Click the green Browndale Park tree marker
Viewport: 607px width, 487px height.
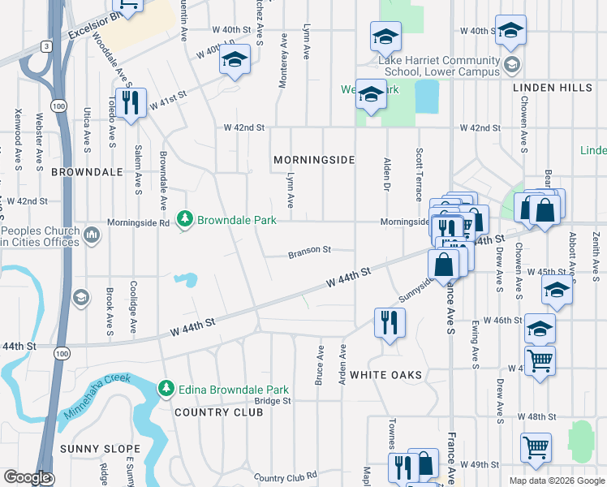(x=185, y=219)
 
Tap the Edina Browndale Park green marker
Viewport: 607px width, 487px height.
(x=166, y=389)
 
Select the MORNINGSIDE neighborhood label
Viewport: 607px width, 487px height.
(x=314, y=160)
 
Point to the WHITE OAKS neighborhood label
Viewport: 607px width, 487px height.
(x=386, y=375)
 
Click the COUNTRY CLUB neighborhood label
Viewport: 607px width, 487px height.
(x=218, y=412)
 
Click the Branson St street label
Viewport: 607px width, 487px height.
(x=310, y=253)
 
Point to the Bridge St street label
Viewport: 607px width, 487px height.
(x=273, y=401)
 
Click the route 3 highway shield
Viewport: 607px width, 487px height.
(x=48, y=46)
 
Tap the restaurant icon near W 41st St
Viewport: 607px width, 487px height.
(x=130, y=103)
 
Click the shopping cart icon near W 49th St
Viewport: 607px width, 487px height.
(x=536, y=447)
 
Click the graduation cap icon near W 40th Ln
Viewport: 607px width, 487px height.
(x=235, y=60)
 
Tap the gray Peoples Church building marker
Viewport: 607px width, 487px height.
(x=91, y=235)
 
